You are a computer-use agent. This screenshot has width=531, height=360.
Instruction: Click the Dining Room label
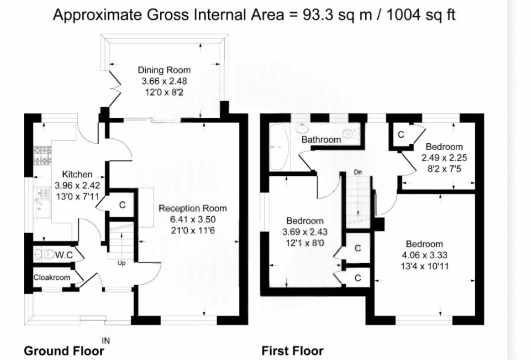(x=164, y=70)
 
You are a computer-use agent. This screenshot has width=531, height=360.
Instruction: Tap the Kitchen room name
(x=77, y=174)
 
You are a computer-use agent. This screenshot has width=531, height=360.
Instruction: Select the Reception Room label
(x=193, y=208)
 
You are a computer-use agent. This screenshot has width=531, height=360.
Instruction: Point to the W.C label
(x=64, y=255)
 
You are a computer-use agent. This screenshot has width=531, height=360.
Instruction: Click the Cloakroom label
(x=52, y=277)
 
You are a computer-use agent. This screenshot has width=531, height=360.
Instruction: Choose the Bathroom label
(x=321, y=140)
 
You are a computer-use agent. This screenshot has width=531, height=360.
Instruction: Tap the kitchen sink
(x=42, y=202)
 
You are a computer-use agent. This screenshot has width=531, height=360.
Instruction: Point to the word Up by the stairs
(x=121, y=263)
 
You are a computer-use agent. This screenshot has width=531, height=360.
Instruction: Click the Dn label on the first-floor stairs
(x=358, y=172)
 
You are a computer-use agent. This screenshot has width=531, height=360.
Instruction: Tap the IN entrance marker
(x=106, y=341)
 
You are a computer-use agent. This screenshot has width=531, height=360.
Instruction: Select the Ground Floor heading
(x=64, y=351)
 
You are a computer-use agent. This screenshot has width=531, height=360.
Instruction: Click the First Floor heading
(x=293, y=351)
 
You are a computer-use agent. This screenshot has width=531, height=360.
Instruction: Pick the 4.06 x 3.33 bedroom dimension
(x=424, y=255)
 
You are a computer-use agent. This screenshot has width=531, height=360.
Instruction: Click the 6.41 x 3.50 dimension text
(x=193, y=220)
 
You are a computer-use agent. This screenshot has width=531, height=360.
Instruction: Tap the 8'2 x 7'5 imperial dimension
(x=444, y=169)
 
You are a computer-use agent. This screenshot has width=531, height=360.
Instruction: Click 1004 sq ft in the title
(x=421, y=15)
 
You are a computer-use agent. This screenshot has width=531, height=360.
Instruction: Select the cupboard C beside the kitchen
(x=122, y=205)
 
